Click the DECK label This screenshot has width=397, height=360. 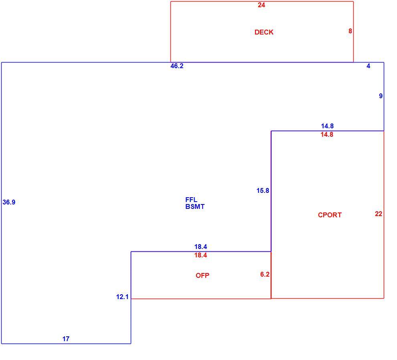(x=264, y=32)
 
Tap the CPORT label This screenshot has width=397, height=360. (x=330, y=215)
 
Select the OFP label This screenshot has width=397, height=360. (x=202, y=275)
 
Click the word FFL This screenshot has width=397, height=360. (x=191, y=200)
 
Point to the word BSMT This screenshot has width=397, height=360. (x=195, y=206)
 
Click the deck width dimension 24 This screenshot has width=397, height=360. (x=261, y=5)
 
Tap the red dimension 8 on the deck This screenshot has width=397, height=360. (x=350, y=31)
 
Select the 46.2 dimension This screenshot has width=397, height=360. (x=177, y=66)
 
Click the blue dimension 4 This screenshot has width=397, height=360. (x=368, y=66)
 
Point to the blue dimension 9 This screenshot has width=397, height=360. (x=381, y=96)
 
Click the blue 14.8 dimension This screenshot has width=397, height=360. (x=327, y=126)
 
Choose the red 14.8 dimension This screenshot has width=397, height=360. (x=327, y=134)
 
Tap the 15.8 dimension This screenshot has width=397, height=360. (x=263, y=191)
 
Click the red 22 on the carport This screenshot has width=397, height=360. (x=378, y=214)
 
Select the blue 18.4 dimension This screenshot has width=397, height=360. (x=201, y=247)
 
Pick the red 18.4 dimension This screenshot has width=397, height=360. (x=201, y=255)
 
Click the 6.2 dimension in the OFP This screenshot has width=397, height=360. (x=265, y=275)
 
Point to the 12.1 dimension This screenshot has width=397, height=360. (x=122, y=297)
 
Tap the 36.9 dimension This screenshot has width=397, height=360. (x=9, y=202)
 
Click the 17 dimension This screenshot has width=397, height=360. (x=66, y=339)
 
